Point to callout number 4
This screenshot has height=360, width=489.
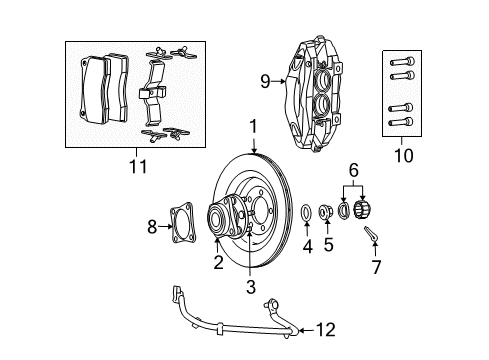point(308,272)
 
